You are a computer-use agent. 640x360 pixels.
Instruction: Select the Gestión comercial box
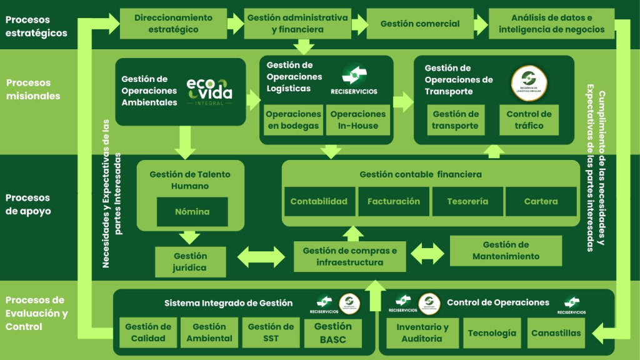[x=419, y=24]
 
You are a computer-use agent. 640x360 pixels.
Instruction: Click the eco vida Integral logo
[x=209, y=91]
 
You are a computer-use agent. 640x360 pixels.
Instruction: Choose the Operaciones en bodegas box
[x=293, y=120]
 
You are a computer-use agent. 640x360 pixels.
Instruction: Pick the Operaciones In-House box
[x=358, y=120]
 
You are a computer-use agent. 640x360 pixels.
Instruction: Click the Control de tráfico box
[x=529, y=120]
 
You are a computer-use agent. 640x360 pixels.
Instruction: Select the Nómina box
[x=192, y=211]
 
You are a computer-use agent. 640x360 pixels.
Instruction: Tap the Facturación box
[x=394, y=201]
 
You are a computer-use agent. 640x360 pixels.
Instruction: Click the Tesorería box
[x=467, y=201]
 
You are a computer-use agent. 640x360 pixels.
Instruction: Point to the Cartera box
[x=541, y=201]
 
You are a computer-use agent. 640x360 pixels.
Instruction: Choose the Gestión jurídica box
[x=190, y=262]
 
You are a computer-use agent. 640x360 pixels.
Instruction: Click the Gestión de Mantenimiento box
[x=506, y=251]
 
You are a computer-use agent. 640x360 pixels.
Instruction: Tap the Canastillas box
[x=556, y=332]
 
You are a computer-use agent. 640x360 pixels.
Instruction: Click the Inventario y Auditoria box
[x=422, y=332]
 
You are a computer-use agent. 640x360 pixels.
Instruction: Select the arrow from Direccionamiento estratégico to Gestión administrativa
[x=235, y=24]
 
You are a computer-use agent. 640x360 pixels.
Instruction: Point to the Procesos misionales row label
[x=33, y=89]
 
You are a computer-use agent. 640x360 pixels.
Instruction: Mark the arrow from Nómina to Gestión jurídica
[x=187, y=238]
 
